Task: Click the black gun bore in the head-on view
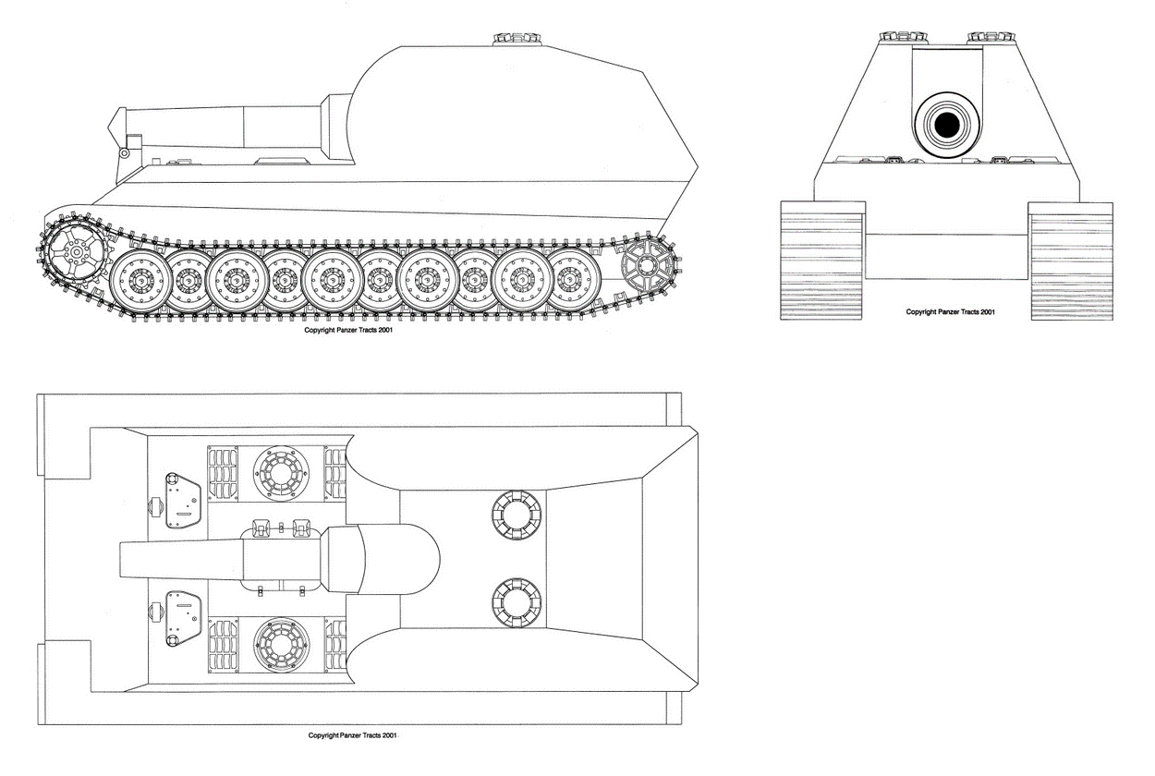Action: [946, 124]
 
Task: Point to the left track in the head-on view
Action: [821, 261]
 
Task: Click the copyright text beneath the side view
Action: [351, 329]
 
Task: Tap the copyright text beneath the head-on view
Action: [951, 312]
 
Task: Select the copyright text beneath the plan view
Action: [353, 735]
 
